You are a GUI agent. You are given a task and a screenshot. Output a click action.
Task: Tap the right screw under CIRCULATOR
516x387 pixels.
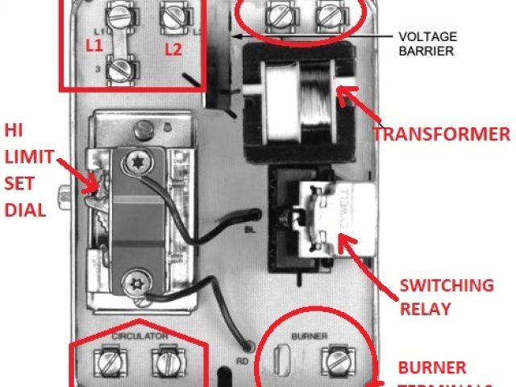pos(167,361)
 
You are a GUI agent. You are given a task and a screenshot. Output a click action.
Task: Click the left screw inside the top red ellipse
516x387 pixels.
pos(280,14)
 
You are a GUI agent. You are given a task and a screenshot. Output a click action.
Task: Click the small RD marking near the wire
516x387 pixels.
pos(240,351)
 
